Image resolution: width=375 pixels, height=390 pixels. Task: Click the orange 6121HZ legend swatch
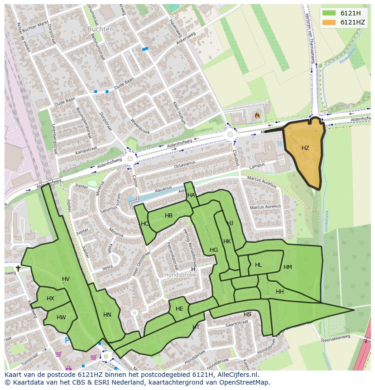point(329,22)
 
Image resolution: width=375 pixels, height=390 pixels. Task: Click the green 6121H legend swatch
point(329,13)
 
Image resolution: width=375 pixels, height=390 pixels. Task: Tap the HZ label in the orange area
point(305,148)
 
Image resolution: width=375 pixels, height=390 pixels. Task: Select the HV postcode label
point(66,279)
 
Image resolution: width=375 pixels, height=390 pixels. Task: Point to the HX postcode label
point(50,299)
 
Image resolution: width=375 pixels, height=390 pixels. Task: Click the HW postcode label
point(61,318)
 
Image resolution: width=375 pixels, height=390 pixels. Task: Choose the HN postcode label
point(107,315)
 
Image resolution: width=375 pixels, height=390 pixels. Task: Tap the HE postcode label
point(179,309)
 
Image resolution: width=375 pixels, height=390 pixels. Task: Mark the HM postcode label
point(288,267)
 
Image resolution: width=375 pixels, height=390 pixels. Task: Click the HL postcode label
point(258,265)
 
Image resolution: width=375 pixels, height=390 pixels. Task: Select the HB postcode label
point(168,216)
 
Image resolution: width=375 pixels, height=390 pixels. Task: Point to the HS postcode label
point(247,314)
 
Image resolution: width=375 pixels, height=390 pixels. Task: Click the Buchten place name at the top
point(101,29)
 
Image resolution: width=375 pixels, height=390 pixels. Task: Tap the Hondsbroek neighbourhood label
point(180,275)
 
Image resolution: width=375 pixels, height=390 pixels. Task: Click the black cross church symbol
point(18,268)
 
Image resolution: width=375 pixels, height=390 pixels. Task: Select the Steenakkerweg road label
point(336,338)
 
